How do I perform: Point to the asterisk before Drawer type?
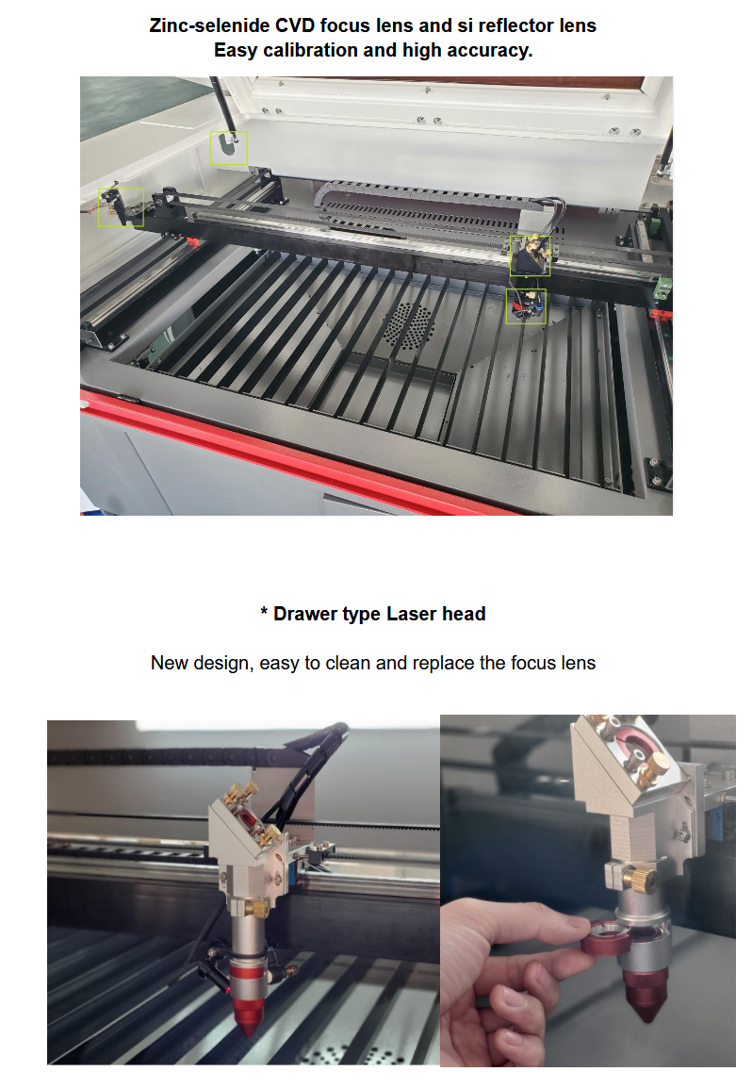click(x=264, y=611)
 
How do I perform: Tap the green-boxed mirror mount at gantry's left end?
click(x=121, y=206)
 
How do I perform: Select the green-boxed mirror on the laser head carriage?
click(x=530, y=256)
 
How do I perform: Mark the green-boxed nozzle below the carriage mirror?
click(x=526, y=306)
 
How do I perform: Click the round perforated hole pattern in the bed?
click(x=408, y=324)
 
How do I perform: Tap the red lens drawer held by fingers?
click(x=603, y=937)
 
